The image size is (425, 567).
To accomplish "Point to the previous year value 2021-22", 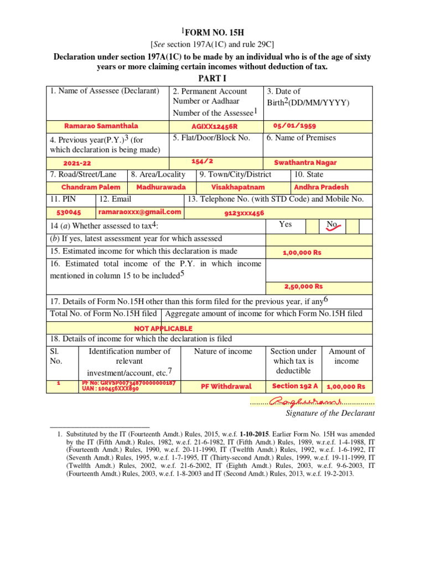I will pyautogui.click(x=77, y=163).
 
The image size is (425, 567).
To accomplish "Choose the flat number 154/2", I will pyautogui.click(x=202, y=161).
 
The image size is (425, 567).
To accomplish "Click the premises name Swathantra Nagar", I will pyautogui.click(x=305, y=163).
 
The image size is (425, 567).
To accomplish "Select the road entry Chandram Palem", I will pyautogui.click(x=87, y=187).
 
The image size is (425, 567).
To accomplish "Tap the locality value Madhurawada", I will pyautogui.click(x=161, y=187).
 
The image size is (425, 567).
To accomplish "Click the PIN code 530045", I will pyautogui.click(x=69, y=212).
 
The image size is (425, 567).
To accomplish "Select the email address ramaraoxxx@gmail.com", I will pyautogui.click(x=140, y=212).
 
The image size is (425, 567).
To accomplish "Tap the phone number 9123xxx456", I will pyautogui.click(x=244, y=213).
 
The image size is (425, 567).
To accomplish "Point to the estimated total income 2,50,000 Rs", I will pyautogui.click(x=303, y=286).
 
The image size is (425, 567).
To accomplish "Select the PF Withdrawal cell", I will pyautogui.click(x=226, y=386).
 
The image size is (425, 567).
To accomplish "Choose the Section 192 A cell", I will pyautogui.click(x=295, y=386).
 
